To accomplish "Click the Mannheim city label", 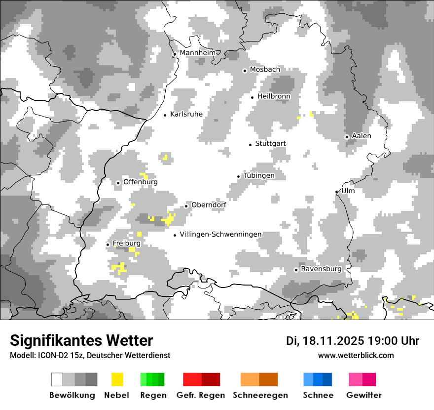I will (198, 53).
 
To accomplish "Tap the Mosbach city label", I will (265, 70).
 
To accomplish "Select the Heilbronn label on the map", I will (274, 96).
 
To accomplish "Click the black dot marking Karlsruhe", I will (165, 115).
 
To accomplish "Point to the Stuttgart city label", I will (270, 144).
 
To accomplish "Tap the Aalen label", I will (362, 136).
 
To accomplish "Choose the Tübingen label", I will (259, 175).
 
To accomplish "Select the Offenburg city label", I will (141, 182).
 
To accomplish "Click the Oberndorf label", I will (209, 205).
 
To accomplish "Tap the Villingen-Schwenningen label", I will (220, 234).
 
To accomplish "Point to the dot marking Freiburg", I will (108, 245).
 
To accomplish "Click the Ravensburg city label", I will (321, 269).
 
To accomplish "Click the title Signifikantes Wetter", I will (81, 340).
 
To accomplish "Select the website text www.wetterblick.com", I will (356, 355).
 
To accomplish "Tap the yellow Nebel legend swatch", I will (117, 379).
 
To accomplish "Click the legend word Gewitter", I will (364, 395).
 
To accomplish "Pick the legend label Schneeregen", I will (260, 395).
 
